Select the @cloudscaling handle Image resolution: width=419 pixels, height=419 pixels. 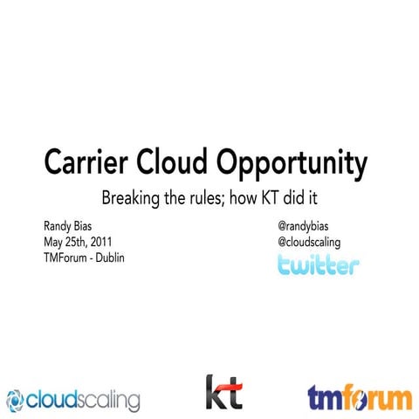coord(309,242)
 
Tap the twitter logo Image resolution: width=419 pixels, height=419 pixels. coord(317,264)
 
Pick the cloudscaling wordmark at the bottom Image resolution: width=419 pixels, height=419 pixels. coord(82,401)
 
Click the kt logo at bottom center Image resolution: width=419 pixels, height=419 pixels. coord(223,392)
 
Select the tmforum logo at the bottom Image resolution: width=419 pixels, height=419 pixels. coord(359,397)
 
